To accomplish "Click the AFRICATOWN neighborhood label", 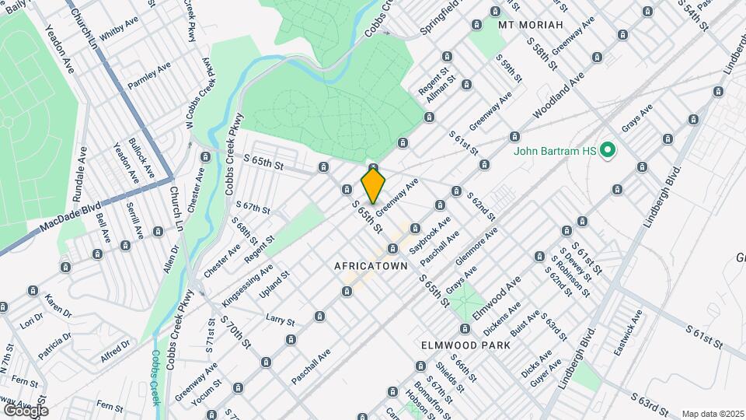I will coord(371,266).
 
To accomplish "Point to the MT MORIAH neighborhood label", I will coord(530,26).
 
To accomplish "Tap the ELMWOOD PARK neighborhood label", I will coord(465,345).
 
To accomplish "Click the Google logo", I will coord(26,410).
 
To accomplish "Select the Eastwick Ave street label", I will coord(628,334).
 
